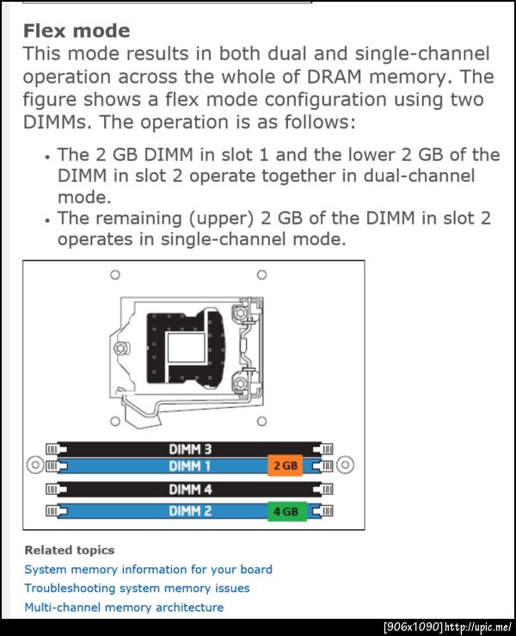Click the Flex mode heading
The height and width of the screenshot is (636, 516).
77,31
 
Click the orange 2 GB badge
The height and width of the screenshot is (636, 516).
286,466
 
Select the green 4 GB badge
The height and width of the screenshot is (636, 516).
287,511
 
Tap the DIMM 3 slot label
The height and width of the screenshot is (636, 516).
190,449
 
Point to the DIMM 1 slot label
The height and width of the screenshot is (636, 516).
190,466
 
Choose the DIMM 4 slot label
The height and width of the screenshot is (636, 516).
190,490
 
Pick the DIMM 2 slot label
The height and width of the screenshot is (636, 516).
190,510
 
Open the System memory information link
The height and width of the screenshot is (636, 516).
149,570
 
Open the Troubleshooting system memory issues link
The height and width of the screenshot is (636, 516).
137,588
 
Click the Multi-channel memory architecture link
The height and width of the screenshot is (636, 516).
124,608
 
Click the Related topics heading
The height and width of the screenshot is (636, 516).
70,550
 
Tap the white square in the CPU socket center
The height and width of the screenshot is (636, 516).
186,347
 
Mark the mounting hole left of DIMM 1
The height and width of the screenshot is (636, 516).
35,465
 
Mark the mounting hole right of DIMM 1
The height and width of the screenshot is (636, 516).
346,465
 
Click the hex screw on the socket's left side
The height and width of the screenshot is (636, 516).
120,349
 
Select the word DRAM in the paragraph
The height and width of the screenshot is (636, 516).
334,77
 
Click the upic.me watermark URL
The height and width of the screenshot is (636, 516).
478,627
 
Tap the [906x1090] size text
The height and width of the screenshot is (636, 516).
413,627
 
